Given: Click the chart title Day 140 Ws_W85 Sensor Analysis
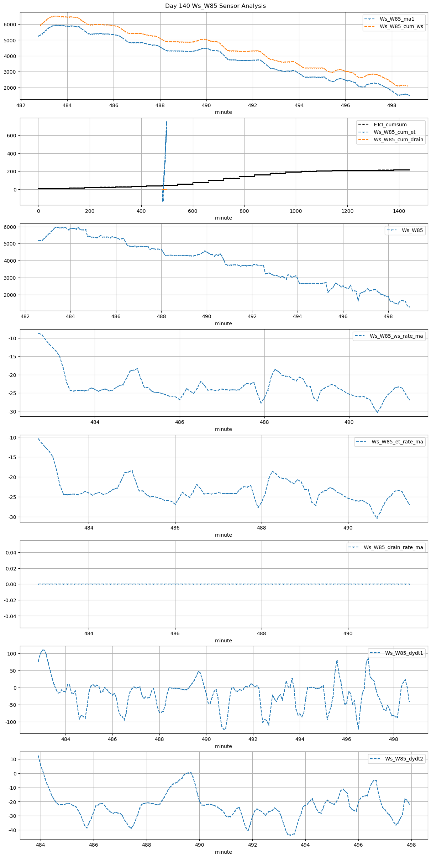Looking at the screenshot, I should click(x=215, y=6).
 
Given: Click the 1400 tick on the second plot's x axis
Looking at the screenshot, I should click(x=399, y=211).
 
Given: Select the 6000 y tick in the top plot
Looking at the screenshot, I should click(x=10, y=25).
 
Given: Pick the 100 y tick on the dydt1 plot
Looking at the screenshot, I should click(x=12, y=654).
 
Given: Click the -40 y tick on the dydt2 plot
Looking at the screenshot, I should click(x=12, y=830).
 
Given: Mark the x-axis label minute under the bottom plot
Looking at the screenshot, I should click(x=223, y=852).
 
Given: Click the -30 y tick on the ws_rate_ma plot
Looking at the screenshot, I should click(x=12, y=412).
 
